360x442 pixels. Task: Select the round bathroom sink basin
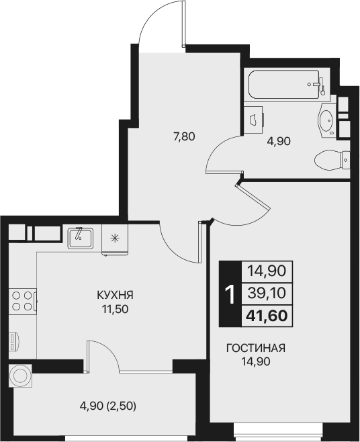[326, 121]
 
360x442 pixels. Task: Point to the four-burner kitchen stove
[23, 300]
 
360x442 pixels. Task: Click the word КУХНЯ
[111, 294]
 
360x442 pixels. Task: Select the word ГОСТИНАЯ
[256, 348]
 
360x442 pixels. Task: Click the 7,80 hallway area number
[183, 137]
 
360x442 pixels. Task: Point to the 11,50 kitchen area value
[111, 310]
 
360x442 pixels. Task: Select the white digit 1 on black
[229, 294]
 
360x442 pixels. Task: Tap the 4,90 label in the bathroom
[278, 142]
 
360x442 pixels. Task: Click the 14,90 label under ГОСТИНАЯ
[256, 363]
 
